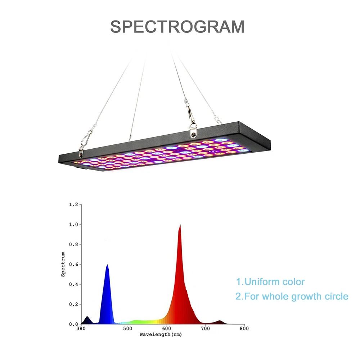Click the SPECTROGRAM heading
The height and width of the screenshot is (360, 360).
click(177, 27)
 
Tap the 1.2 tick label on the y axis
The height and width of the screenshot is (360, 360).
click(73, 204)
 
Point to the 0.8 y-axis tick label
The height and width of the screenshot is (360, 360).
click(73, 244)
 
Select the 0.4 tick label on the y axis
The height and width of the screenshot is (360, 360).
click(73, 284)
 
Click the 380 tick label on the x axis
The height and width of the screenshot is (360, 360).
click(81, 329)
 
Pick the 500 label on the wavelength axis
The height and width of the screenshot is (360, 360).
click(128, 329)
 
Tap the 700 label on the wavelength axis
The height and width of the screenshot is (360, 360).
click(205, 329)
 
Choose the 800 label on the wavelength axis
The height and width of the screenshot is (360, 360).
click(244, 329)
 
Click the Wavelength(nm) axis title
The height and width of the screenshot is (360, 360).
click(161, 334)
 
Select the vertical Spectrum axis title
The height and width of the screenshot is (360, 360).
click(63, 264)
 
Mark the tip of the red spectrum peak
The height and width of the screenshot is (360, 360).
click(180, 225)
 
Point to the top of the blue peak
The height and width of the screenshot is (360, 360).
click(107, 265)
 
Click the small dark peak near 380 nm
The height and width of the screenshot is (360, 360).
click(87, 320)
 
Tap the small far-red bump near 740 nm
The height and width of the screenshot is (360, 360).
click(220, 322)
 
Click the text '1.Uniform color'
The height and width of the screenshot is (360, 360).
click(270, 282)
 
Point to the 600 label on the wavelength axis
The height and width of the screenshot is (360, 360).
click(166, 329)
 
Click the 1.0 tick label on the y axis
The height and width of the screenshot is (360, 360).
click(73, 224)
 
